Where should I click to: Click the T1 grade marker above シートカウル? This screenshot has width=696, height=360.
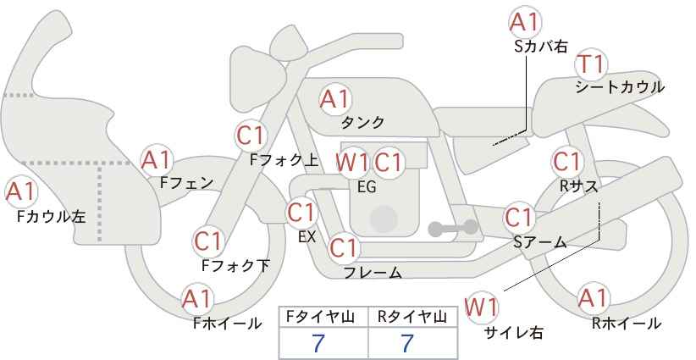(591, 65)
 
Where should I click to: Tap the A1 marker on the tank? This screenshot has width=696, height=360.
(335, 99)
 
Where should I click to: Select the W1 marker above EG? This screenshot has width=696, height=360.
(351, 163)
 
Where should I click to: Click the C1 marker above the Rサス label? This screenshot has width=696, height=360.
(566, 162)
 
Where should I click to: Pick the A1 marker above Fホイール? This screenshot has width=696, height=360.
(197, 299)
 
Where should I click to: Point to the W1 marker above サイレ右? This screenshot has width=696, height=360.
(481, 307)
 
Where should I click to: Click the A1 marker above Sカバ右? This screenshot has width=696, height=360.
(525, 22)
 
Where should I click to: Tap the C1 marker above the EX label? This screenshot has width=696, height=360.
(301, 213)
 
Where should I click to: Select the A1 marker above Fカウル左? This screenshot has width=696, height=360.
(21, 192)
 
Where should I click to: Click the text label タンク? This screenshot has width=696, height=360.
(362, 123)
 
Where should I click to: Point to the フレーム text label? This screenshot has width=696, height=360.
(373, 273)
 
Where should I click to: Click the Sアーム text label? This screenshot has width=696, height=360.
(540, 242)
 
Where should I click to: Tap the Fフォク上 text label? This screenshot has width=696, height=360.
(284, 160)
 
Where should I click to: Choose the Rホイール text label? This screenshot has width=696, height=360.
(627, 324)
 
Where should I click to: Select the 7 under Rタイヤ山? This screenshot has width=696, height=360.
(407, 343)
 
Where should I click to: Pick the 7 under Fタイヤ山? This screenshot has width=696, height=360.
(318, 343)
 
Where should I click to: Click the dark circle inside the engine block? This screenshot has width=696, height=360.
(384, 219)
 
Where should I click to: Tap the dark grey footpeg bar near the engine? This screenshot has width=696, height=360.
(453, 228)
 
